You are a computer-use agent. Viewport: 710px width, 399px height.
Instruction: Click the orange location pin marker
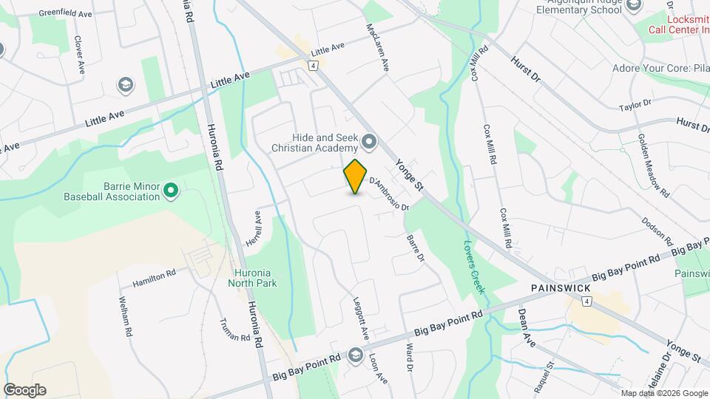point(356,177)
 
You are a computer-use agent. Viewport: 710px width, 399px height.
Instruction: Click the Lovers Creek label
point(473,266)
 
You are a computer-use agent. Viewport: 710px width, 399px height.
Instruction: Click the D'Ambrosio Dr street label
point(389,192)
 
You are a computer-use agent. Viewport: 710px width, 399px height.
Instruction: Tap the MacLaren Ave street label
point(377,46)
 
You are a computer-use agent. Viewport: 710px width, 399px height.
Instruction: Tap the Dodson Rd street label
point(657,231)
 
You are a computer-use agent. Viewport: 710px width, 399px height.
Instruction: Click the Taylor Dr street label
point(637,106)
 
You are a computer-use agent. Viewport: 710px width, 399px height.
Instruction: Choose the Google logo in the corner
point(24,389)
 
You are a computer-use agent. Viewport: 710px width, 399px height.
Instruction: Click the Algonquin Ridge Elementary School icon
point(633,6)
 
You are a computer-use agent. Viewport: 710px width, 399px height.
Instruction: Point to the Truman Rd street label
point(235,330)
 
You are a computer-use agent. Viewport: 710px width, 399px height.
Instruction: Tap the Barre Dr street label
point(416,248)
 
